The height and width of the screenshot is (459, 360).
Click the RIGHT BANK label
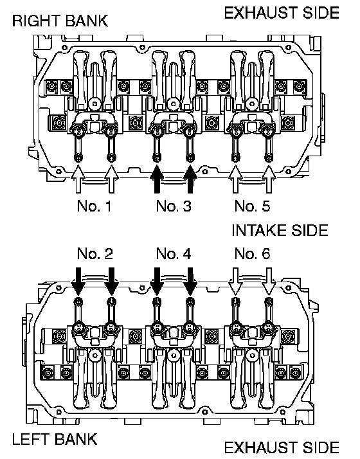60,21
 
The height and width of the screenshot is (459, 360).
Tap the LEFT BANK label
55,439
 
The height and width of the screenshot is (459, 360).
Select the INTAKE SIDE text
280,230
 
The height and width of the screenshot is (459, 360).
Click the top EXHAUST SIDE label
282,13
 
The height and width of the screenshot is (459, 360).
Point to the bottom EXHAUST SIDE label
282,447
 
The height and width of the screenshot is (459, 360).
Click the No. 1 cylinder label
94,206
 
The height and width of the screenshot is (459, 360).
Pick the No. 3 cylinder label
174,206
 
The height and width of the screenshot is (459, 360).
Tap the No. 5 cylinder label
252,206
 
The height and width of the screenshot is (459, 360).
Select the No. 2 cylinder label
95,253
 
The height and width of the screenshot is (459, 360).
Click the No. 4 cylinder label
174,253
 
